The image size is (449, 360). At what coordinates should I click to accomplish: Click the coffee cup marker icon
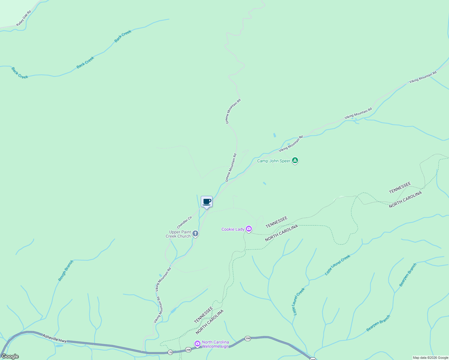tap(206, 202)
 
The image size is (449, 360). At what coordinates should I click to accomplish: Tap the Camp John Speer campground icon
tap(295, 160)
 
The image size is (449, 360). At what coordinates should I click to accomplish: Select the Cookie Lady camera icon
tap(249, 229)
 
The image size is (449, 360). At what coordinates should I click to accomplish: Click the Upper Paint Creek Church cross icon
tap(195, 233)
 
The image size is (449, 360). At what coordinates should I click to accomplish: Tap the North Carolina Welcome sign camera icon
tap(197, 343)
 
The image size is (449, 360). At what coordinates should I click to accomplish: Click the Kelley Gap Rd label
tap(24, 18)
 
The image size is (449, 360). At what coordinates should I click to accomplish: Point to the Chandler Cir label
tap(184, 222)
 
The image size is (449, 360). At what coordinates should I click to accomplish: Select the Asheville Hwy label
tap(54, 338)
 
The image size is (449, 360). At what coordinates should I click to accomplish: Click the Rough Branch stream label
tap(65, 271)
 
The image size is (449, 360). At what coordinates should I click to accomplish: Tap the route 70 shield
tap(170, 352)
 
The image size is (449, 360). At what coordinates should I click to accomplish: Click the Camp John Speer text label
tap(274, 161)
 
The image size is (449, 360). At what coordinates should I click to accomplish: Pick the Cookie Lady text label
tap(233, 229)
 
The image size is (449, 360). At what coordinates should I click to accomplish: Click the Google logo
tap(10, 356)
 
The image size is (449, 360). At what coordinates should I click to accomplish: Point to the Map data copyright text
tap(430, 358)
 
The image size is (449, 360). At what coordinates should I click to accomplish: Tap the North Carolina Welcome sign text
tap(215, 344)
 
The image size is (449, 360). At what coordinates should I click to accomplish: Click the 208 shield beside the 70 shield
tap(188, 350)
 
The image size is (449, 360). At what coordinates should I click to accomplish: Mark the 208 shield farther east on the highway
tap(247, 338)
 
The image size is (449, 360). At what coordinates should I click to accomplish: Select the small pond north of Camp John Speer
tap(274, 135)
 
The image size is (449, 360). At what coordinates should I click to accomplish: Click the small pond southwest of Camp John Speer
tap(264, 183)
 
